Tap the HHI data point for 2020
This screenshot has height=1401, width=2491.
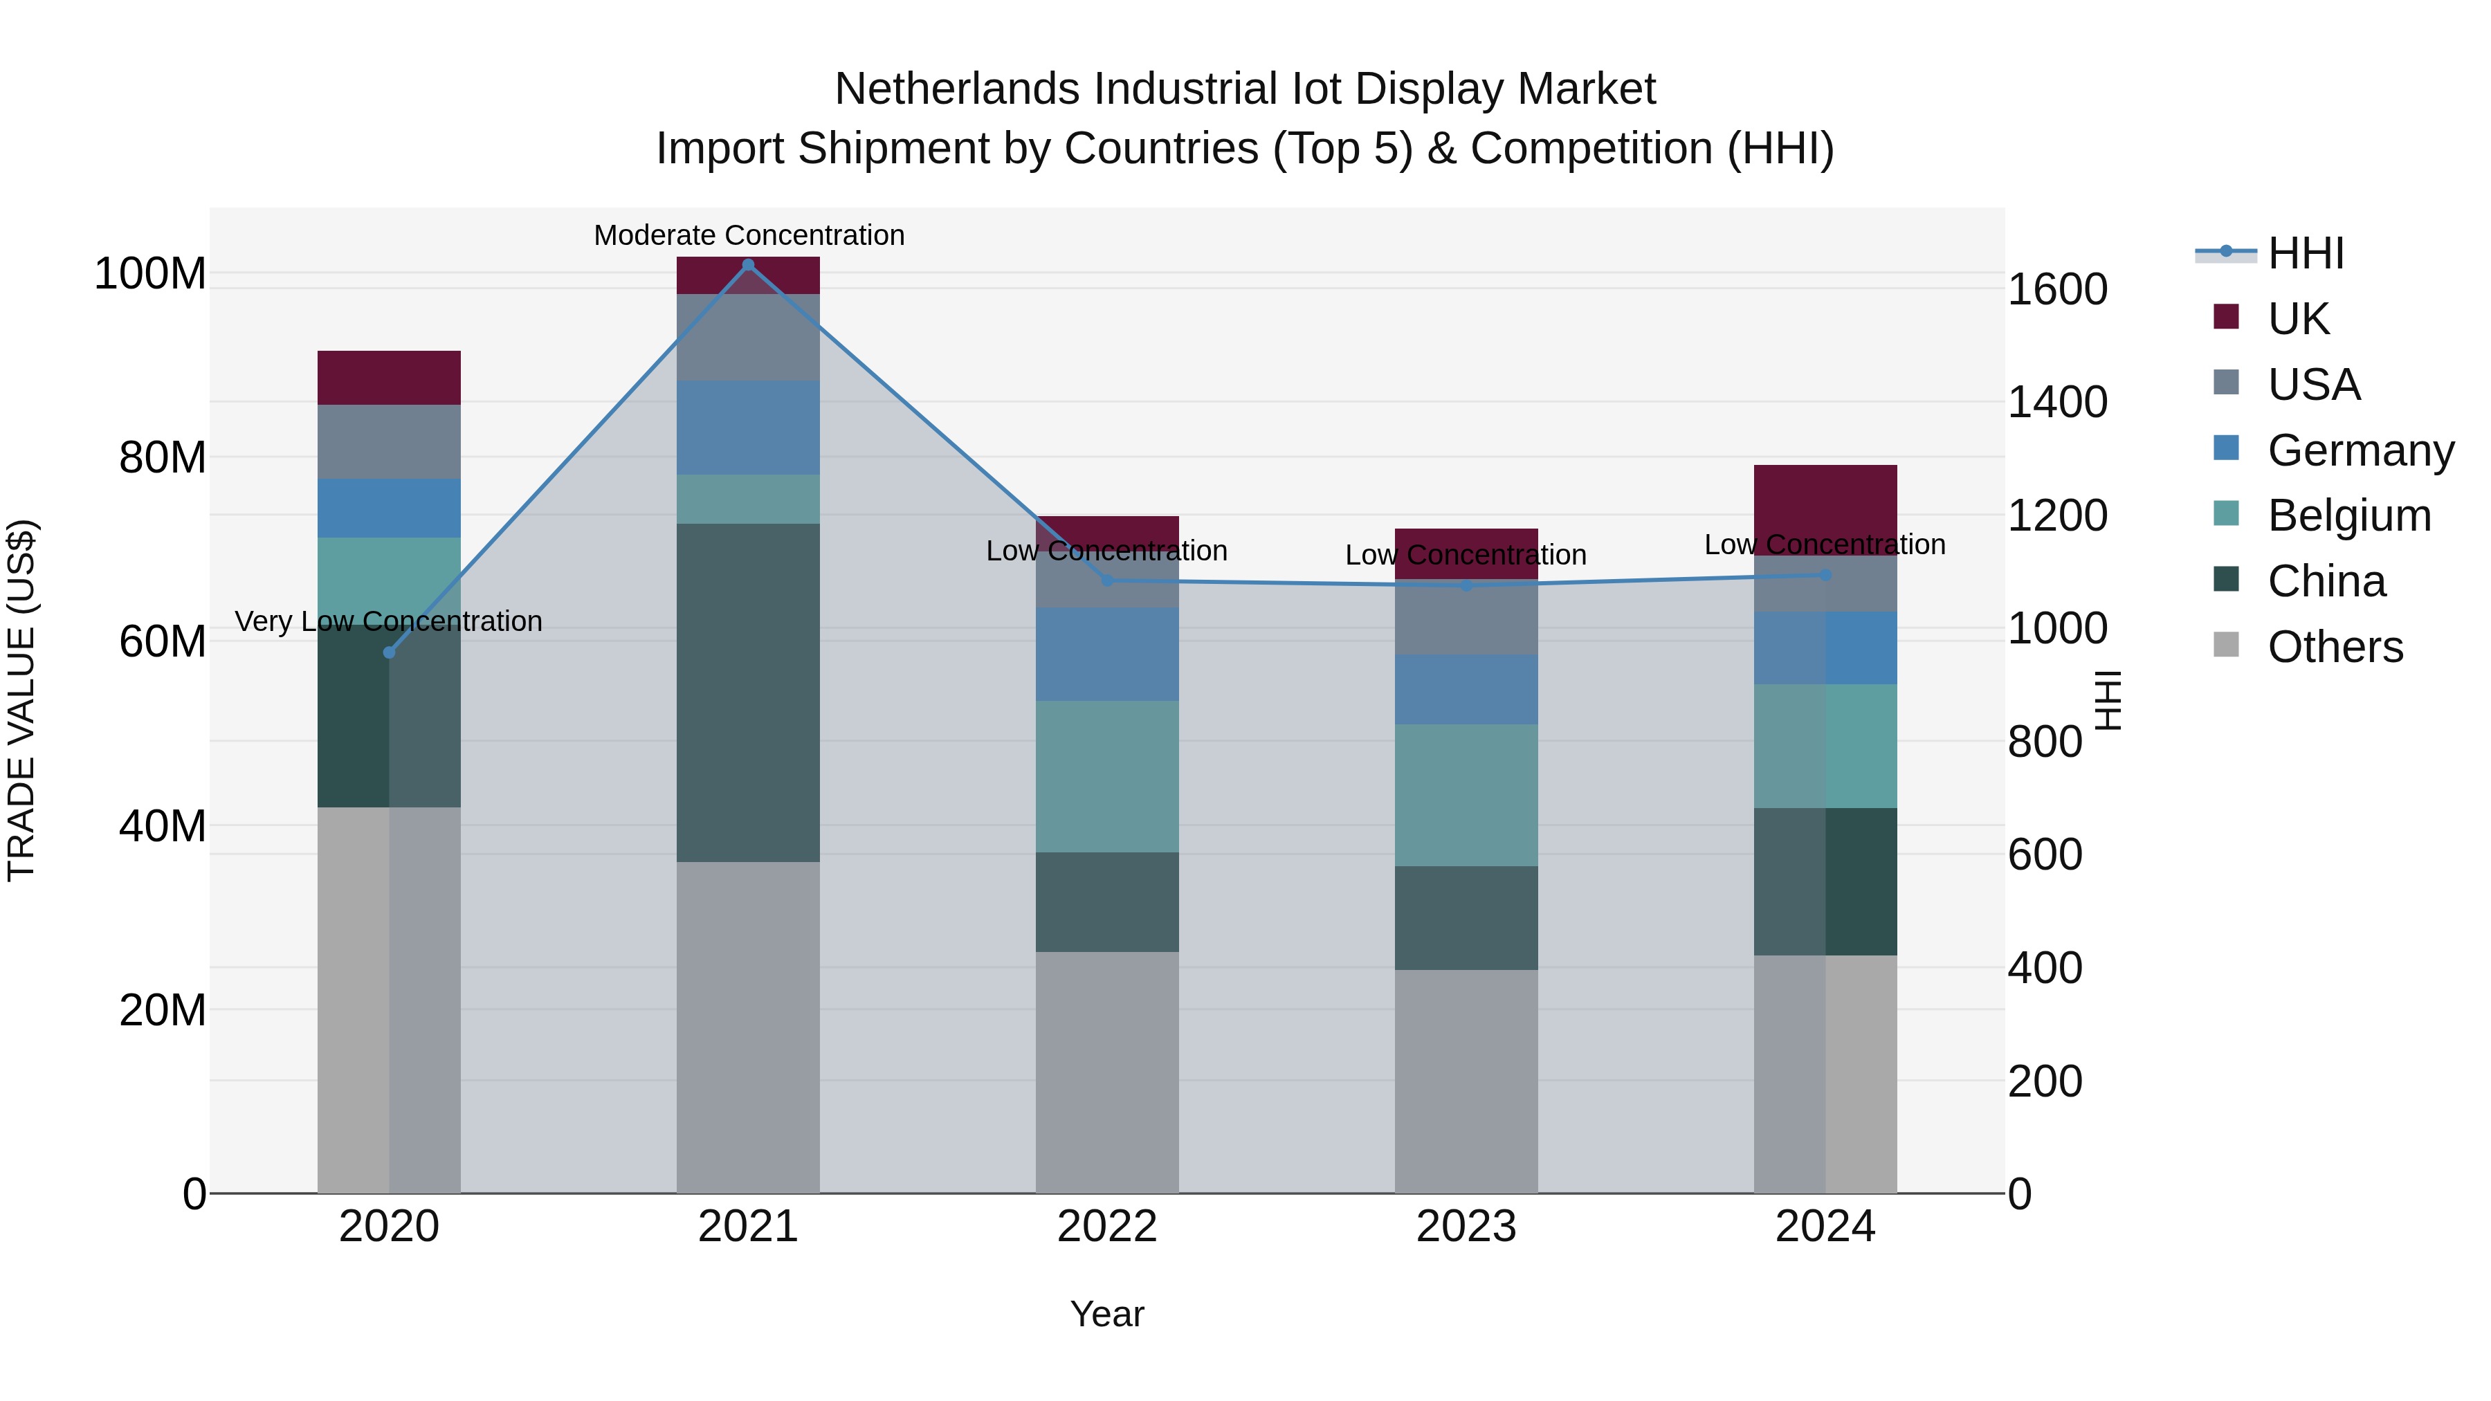(390, 652)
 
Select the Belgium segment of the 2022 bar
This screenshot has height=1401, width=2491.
(1107, 776)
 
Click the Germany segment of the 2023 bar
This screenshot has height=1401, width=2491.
(1466, 689)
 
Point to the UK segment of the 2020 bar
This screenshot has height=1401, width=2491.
(389, 378)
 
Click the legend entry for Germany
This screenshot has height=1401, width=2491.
(2360, 450)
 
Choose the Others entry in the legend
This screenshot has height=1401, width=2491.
(2335, 647)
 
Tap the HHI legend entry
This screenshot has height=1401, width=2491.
(2306, 253)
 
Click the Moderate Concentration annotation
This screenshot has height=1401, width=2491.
(749, 235)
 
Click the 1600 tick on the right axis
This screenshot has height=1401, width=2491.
(2057, 289)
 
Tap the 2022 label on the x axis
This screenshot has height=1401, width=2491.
(1107, 1227)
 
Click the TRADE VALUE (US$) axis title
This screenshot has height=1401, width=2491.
(21, 700)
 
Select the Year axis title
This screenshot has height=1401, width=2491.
(1107, 1314)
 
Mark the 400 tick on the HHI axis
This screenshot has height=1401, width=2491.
(2045, 968)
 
